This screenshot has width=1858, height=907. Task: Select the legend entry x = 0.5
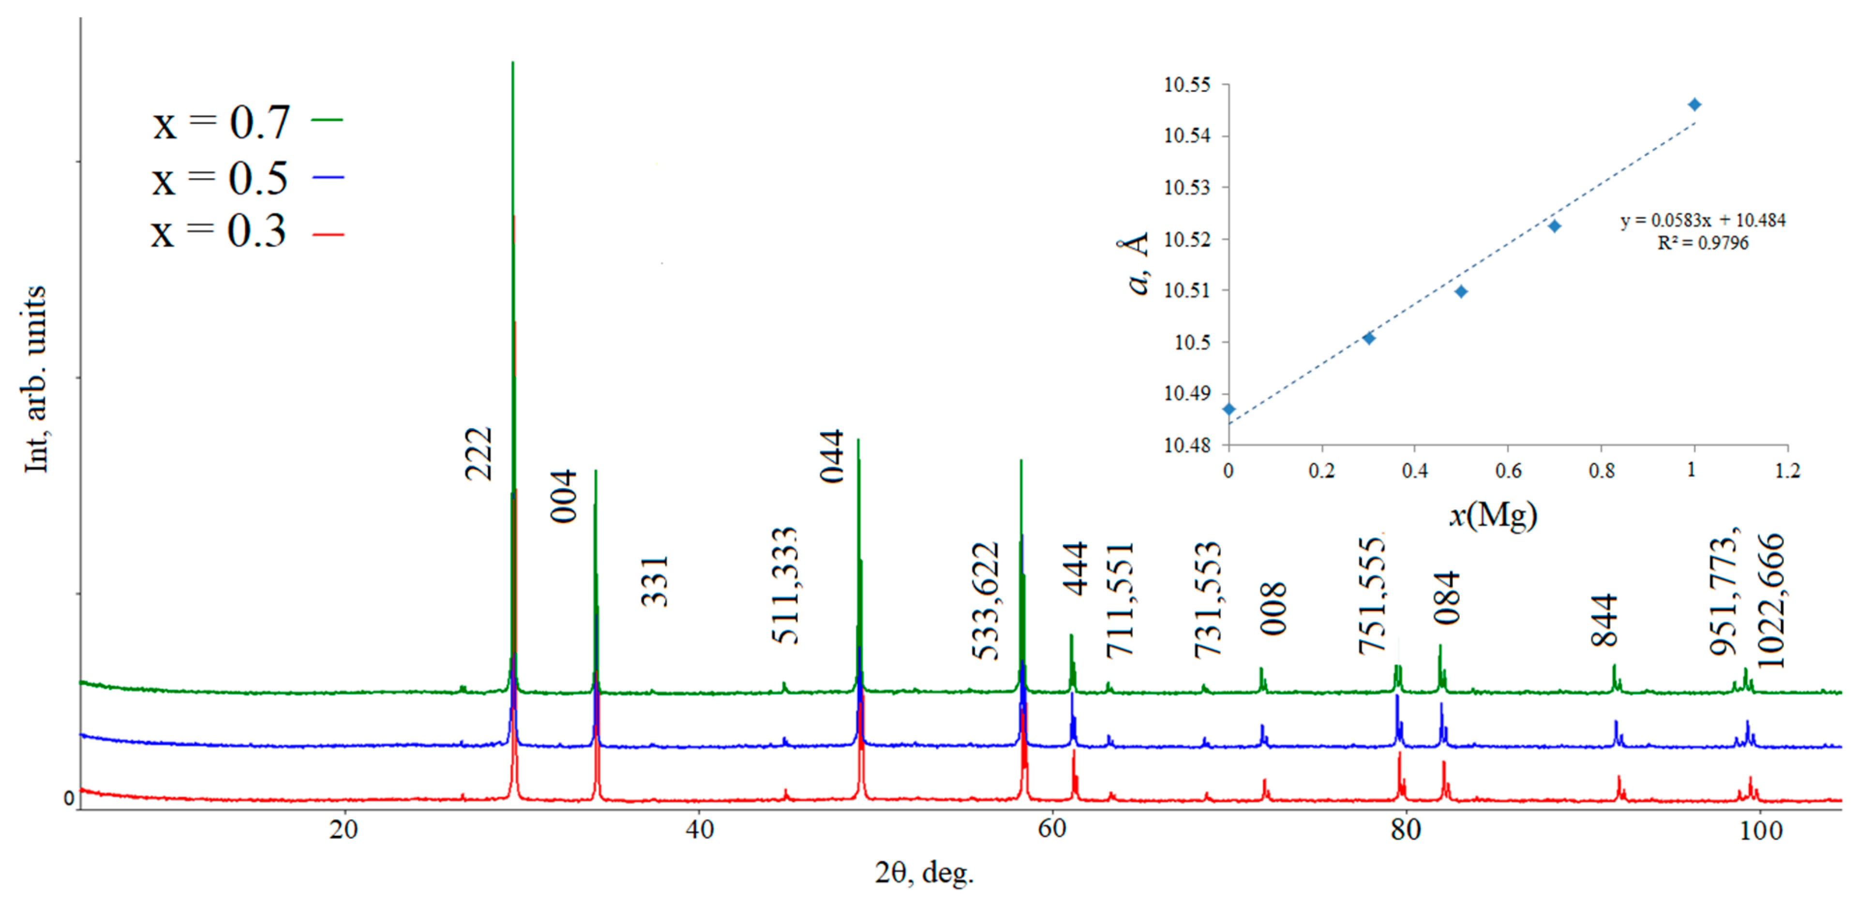click(245, 178)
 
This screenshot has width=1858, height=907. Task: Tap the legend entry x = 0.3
click(245, 232)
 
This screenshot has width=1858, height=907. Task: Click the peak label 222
click(478, 454)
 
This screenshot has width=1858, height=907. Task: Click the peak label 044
click(832, 456)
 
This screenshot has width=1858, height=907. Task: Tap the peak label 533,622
click(985, 601)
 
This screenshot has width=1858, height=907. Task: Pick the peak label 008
click(1274, 609)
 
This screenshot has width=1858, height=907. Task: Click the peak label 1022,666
click(1770, 601)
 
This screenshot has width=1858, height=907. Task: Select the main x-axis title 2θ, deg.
click(924, 872)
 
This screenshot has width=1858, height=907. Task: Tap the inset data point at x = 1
click(1694, 104)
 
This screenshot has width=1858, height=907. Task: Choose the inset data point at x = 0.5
click(1461, 291)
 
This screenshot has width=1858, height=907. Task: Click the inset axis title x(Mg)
click(1493, 515)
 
